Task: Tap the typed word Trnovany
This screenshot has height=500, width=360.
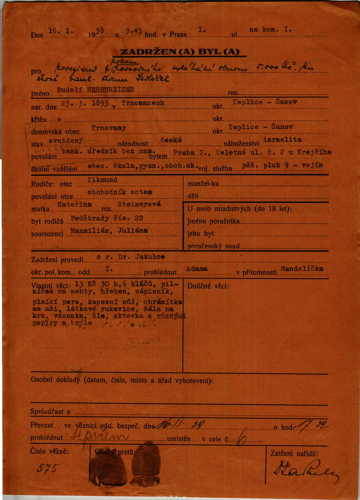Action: click(108, 128)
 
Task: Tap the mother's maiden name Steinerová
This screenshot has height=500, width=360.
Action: click(135, 205)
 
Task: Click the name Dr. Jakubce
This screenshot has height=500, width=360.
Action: click(143, 256)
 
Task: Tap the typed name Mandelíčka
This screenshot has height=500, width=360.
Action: click(302, 268)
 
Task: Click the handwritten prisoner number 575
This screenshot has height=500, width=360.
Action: click(47, 469)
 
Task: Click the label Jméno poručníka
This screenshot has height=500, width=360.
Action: click(214, 222)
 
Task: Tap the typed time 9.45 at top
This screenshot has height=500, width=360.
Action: click(134, 31)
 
